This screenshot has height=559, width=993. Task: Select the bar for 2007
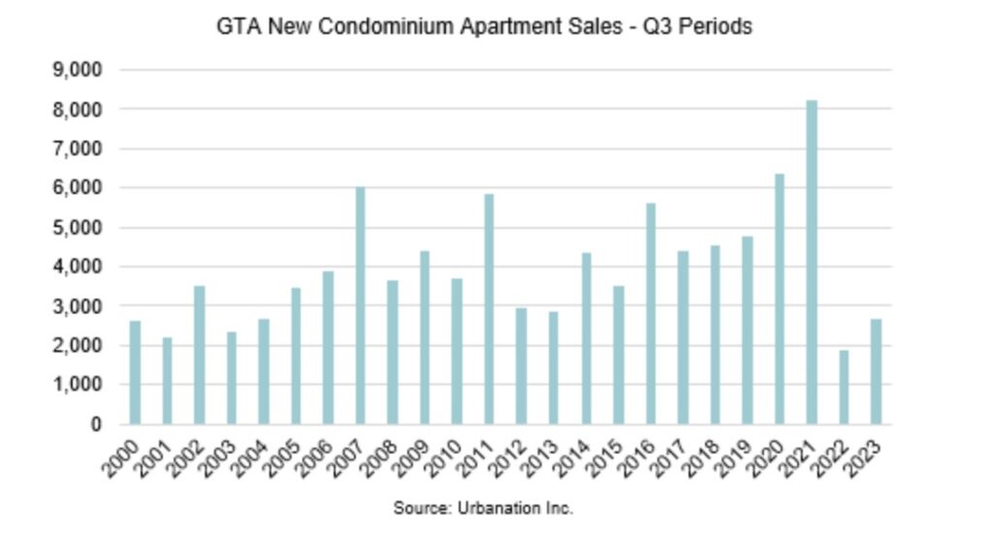(360, 306)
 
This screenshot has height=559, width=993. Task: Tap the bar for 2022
(844, 387)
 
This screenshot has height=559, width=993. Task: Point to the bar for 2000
(135, 373)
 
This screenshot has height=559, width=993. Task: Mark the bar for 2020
(780, 299)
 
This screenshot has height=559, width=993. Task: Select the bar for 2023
(876, 372)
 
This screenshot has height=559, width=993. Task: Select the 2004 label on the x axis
(252, 454)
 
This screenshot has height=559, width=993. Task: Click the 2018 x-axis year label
(704, 454)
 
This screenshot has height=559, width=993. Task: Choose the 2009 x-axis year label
(413, 454)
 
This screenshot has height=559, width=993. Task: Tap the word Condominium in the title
(372, 27)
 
